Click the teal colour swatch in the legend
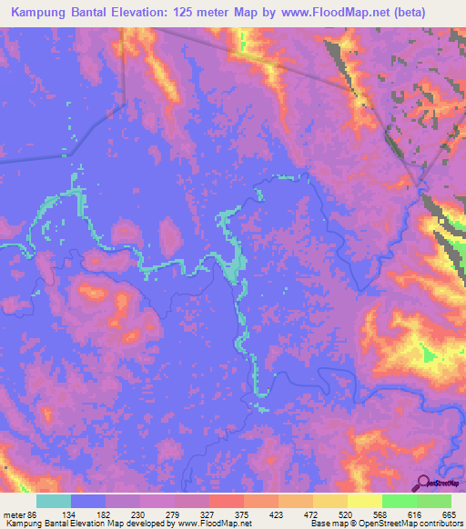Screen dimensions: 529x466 [x=54, y=501]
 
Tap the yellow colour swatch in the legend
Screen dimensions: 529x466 [x=365, y=501]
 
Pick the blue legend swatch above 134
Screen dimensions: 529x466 [x=88, y=501]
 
